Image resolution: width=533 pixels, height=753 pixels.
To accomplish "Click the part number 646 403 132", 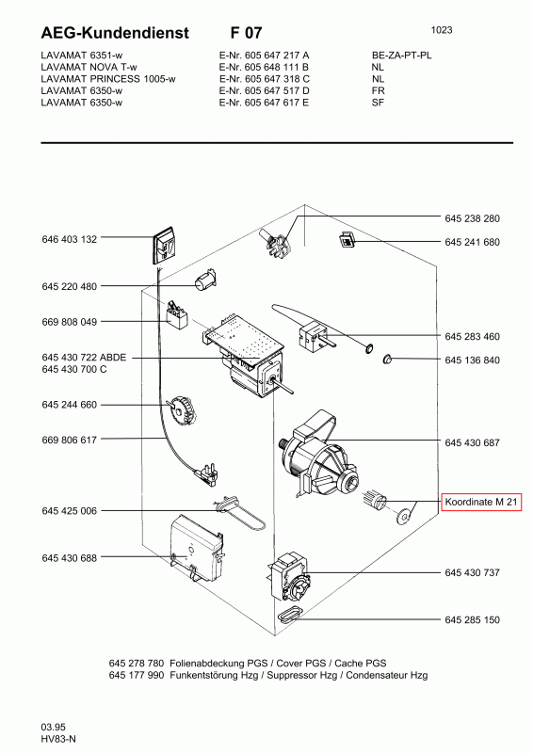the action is (69, 239).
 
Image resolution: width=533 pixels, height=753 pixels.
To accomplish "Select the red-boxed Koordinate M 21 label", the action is (481, 503).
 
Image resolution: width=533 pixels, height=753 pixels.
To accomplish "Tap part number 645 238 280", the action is (472, 218).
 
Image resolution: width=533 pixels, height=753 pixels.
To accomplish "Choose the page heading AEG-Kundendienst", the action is (115, 33).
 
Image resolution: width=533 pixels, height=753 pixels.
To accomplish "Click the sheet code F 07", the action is (246, 33).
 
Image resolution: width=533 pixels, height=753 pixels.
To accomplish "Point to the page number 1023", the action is (442, 30).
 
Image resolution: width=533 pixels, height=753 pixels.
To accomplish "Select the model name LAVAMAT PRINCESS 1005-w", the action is (108, 79).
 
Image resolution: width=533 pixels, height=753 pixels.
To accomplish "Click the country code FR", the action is (379, 90).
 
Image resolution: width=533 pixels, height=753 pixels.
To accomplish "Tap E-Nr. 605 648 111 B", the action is (264, 67).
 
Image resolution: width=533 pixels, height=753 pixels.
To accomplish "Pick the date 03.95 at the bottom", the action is (53, 727).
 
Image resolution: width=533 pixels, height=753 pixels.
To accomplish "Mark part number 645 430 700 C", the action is (74, 369).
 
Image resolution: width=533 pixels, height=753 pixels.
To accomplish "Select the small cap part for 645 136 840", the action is (387, 359).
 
